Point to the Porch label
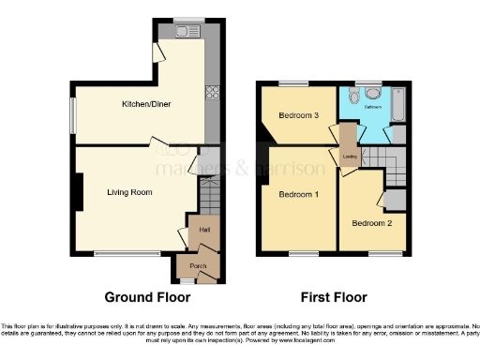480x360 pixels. pyautogui.click(x=198, y=265)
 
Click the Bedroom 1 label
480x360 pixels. pyautogui.click(x=298, y=194)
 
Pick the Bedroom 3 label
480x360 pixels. pyautogui.click(x=298, y=115)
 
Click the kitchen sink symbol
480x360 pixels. pyautogui.click(x=185, y=33)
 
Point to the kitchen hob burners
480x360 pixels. pyautogui.click(x=213, y=93)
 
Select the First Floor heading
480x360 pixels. pyautogui.click(x=333, y=297)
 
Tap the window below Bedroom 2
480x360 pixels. pyautogui.click(x=382, y=253)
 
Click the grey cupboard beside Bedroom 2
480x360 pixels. pyautogui.click(x=396, y=200)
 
